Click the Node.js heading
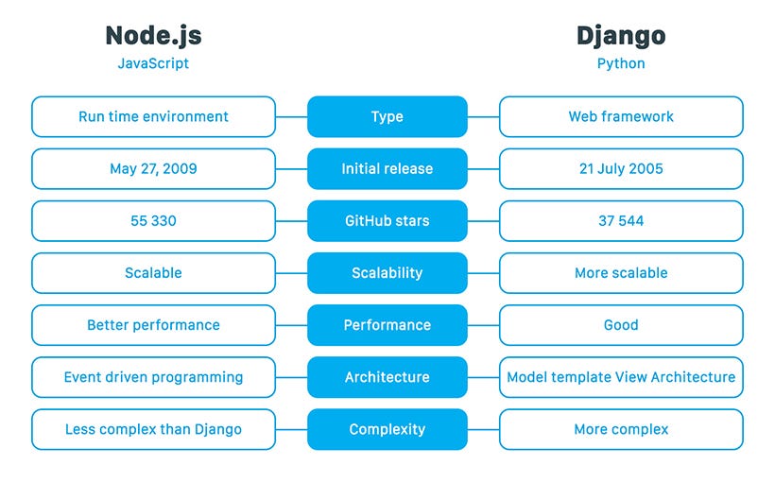(x=153, y=36)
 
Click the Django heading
(x=621, y=36)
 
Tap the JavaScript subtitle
(x=153, y=64)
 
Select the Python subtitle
(x=621, y=64)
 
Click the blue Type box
(x=387, y=117)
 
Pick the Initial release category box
(x=387, y=169)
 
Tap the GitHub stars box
(x=387, y=221)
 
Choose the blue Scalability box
(x=387, y=273)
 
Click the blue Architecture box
(x=387, y=377)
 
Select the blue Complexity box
(x=387, y=429)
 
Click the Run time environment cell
(x=153, y=117)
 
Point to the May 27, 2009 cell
(x=153, y=169)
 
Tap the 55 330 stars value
(x=153, y=221)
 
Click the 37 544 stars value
(x=621, y=221)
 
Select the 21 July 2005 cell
(x=621, y=169)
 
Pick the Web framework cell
(x=621, y=117)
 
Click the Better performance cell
(x=153, y=325)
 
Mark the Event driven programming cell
(x=153, y=377)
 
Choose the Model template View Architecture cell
(x=621, y=377)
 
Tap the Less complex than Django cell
(x=153, y=429)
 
